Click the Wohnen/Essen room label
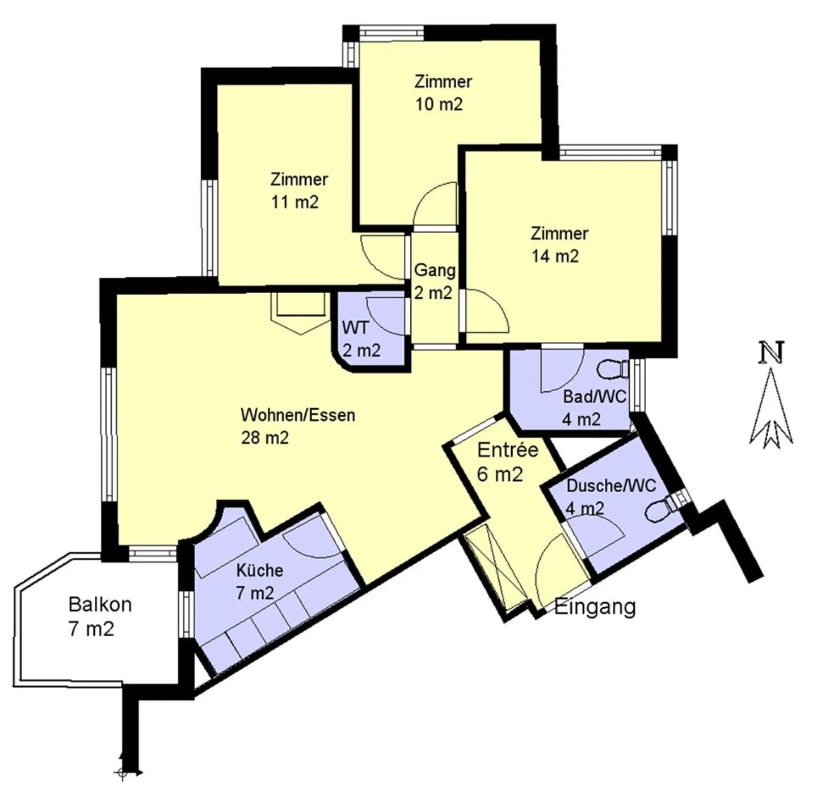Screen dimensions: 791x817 pyautogui.click(x=298, y=415)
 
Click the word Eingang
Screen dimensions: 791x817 pyautogui.click(x=595, y=608)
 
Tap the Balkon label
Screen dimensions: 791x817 pyautogui.click(x=100, y=604)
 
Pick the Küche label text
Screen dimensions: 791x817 pyautogui.click(x=259, y=570)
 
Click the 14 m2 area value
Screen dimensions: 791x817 pyautogui.click(x=555, y=256)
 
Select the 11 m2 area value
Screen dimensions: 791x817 pyautogui.click(x=294, y=202)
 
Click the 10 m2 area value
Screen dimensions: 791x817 pyautogui.click(x=439, y=104)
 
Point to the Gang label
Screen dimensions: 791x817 pyautogui.click(x=435, y=270)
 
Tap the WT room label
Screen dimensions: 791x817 pyautogui.click(x=356, y=327)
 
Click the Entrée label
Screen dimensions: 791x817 pyautogui.click(x=507, y=450)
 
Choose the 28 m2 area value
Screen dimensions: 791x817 pyautogui.click(x=265, y=438)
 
